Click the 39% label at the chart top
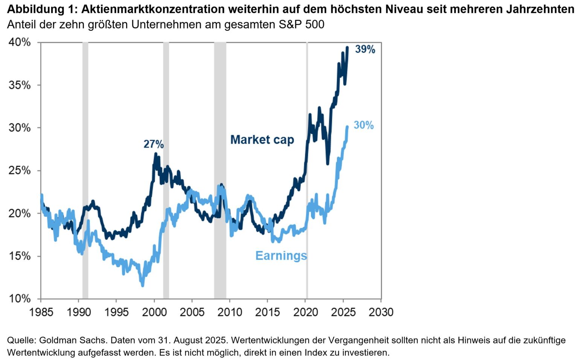click(365, 49)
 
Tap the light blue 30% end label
click(364, 125)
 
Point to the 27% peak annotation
click(154, 144)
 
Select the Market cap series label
click(262, 140)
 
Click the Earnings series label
click(281, 256)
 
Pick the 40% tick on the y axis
click(20, 42)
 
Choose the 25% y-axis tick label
click(20, 171)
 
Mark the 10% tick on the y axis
click(20, 299)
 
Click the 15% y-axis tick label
click(20, 256)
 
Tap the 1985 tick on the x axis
click(41, 312)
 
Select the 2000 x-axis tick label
click(154, 312)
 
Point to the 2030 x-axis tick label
click(381, 312)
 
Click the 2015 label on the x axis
click(268, 312)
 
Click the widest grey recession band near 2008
click(220, 169)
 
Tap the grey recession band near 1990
click(85, 169)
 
